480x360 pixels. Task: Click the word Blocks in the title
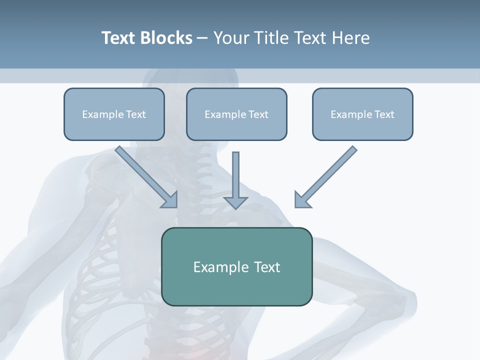pyautogui.click(x=166, y=38)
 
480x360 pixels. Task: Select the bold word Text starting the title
pyautogui.click(x=119, y=38)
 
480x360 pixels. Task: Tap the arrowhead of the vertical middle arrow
pyautogui.click(x=235, y=202)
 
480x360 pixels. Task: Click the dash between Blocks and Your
pyautogui.click(x=202, y=38)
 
